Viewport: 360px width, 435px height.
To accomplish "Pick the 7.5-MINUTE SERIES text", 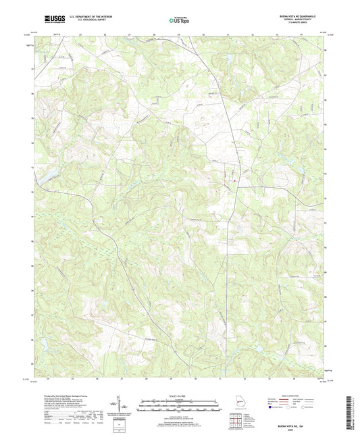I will pos(304,23).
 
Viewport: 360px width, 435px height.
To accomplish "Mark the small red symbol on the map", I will pos(234,180).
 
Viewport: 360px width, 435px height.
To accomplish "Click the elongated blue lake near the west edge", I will pos(49,179).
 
